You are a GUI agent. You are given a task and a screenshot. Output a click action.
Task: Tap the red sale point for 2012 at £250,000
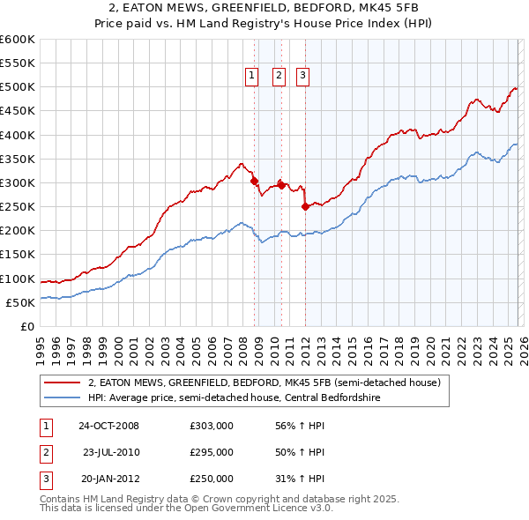(x=305, y=206)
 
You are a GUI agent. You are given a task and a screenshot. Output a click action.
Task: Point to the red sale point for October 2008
(x=255, y=181)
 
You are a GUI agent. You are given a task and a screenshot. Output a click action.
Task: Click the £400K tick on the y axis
(x=18, y=135)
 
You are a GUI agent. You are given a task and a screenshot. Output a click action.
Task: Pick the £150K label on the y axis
(x=18, y=255)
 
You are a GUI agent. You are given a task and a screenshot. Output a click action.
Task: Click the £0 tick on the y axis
(x=28, y=327)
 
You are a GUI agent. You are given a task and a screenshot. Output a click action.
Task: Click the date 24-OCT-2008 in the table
(x=108, y=426)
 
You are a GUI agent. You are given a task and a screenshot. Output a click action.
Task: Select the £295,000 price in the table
(x=212, y=452)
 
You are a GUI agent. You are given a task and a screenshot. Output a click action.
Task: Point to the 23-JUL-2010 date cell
(x=110, y=452)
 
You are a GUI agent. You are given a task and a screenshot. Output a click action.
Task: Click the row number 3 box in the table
(x=45, y=479)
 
